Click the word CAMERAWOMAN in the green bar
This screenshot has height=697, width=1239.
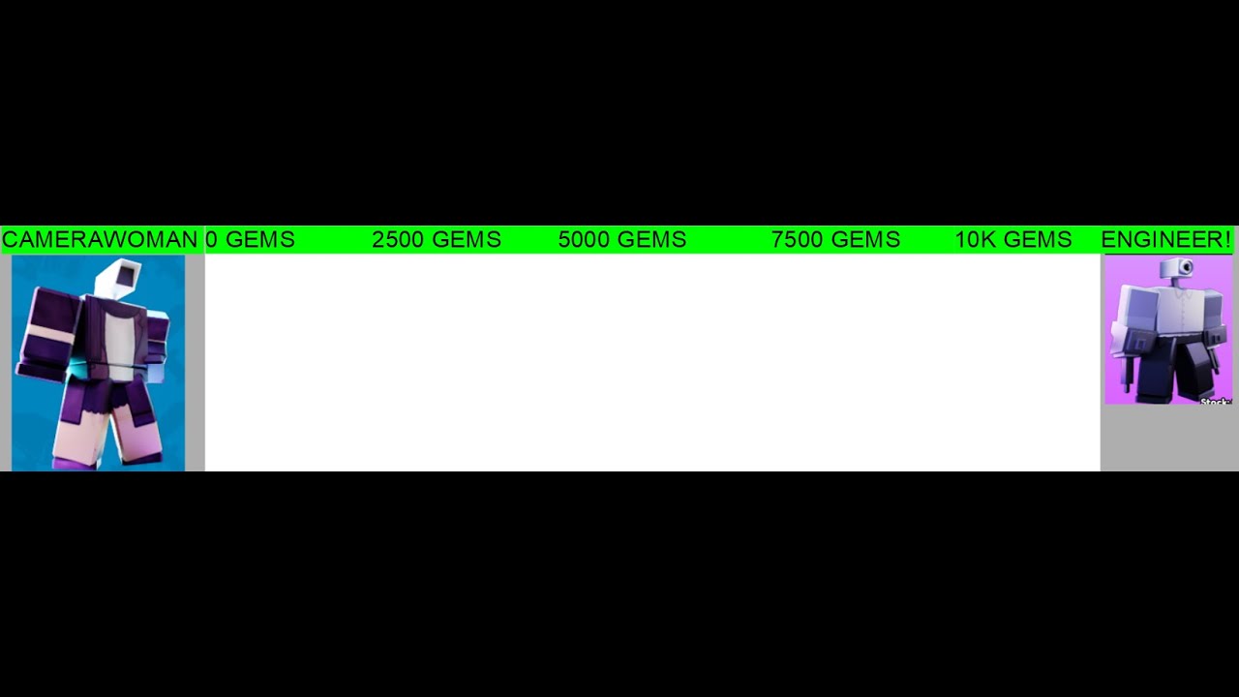(x=100, y=239)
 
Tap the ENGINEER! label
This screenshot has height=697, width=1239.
(x=1166, y=239)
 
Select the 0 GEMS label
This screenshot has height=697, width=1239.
(x=250, y=239)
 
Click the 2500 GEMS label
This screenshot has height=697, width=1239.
(x=437, y=239)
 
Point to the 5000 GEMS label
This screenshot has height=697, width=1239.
(x=622, y=239)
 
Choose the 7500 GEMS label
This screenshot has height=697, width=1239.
(x=835, y=239)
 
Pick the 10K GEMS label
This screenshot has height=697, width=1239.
(x=1013, y=239)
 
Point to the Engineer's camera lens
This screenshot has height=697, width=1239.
(x=1186, y=268)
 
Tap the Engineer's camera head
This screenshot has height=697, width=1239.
(x=1176, y=268)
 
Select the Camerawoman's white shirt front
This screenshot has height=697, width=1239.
(x=118, y=340)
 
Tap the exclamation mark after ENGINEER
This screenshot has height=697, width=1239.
(x=1227, y=239)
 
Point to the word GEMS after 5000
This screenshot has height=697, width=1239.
(x=652, y=239)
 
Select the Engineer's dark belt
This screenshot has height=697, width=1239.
(x=1184, y=338)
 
